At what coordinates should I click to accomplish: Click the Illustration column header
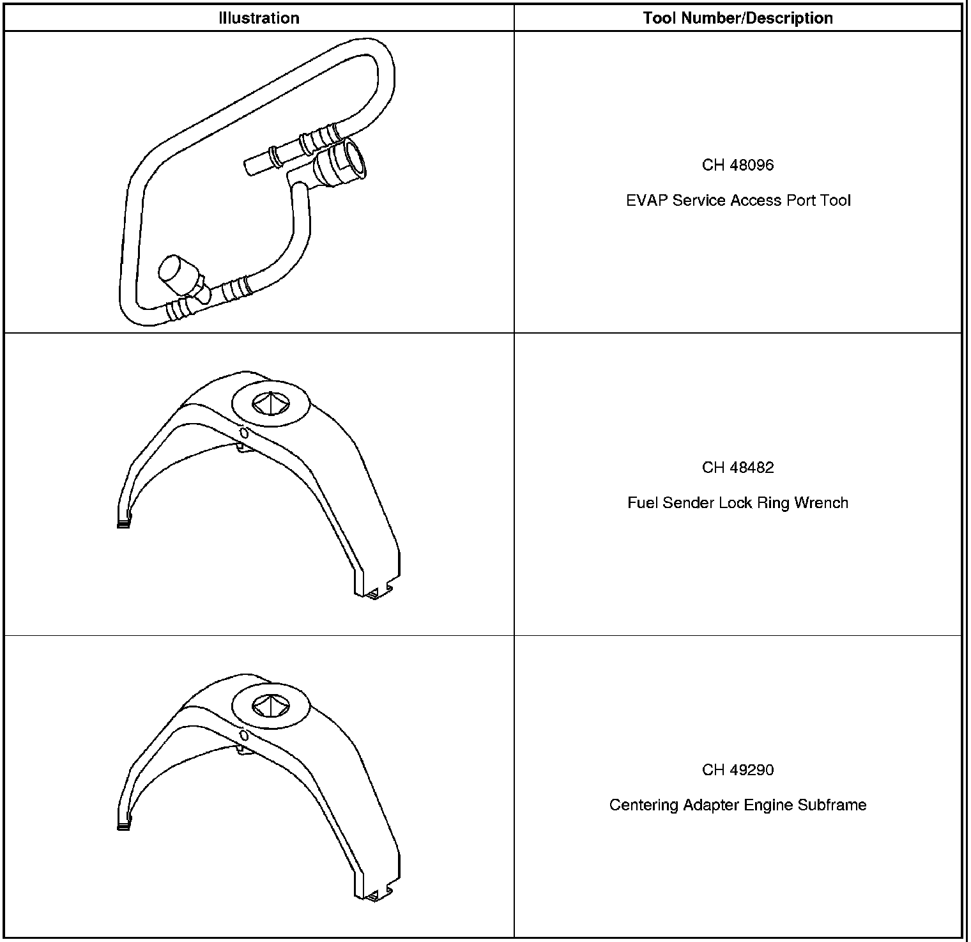pos(259,18)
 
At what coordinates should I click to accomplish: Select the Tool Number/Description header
pos(738,18)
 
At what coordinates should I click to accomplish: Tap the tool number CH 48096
pos(738,165)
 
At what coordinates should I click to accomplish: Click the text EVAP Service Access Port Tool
pos(738,201)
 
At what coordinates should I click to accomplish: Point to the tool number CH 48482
pos(738,467)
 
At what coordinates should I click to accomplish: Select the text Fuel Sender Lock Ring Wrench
pos(738,503)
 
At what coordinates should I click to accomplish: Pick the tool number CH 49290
pos(738,769)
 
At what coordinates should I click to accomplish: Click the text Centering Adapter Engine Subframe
pos(738,805)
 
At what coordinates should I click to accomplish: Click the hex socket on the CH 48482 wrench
pos(270,402)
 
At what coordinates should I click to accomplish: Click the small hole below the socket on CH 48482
pos(243,433)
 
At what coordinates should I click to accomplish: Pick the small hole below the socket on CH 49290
pos(243,736)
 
